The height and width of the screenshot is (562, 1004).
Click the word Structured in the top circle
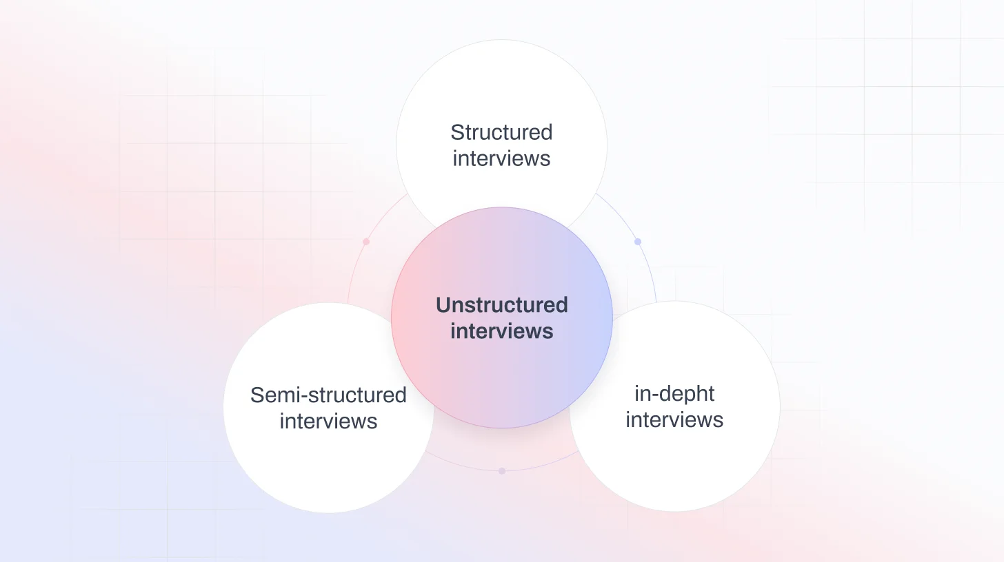(x=501, y=132)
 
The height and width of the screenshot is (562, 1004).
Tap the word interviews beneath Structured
(x=501, y=158)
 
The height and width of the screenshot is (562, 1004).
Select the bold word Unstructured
(x=501, y=304)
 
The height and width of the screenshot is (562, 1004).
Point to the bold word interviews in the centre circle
(x=501, y=331)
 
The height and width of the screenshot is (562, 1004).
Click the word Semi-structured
(x=328, y=395)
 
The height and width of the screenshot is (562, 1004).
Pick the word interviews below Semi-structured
(x=328, y=421)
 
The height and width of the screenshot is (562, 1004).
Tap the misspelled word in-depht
(x=674, y=394)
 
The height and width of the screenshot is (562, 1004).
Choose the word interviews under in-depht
(x=674, y=420)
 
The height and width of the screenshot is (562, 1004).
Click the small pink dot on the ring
(x=366, y=242)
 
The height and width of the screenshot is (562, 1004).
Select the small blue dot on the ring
(x=638, y=242)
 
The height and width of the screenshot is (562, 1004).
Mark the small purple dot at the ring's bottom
(x=502, y=471)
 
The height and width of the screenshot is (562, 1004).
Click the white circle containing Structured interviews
(x=501, y=90)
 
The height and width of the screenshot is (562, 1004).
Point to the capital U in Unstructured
(x=443, y=305)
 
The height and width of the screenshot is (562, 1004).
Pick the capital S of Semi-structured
(x=257, y=395)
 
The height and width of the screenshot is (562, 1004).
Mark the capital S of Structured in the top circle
(x=456, y=132)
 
